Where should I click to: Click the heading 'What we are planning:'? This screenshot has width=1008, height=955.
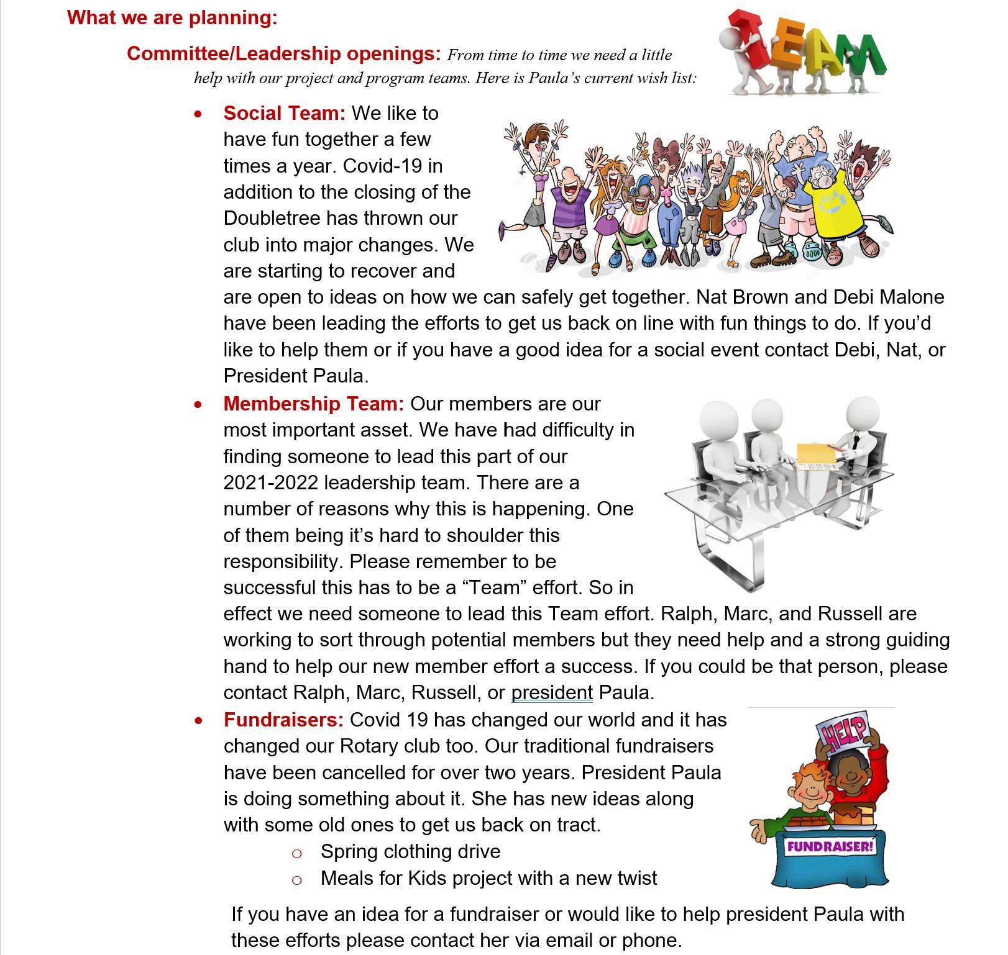pyautogui.click(x=172, y=17)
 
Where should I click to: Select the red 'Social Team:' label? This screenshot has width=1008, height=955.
pyautogui.click(x=284, y=113)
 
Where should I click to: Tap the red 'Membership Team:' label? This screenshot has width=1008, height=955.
pyautogui.click(x=314, y=404)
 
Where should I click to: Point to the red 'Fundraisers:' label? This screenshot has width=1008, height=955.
pyautogui.click(x=283, y=720)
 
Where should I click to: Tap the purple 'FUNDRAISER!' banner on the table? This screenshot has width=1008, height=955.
pyautogui.click(x=830, y=846)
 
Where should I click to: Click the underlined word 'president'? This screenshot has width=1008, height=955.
pyautogui.click(x=552, y=692)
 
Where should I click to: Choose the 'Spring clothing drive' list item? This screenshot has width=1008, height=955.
pyautogui.click(x=410, y=851)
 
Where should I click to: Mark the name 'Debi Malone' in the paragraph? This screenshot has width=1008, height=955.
pyautogui.click(x=889, y=297)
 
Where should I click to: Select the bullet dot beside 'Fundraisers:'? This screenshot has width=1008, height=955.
pyautogui.click(x=198, y=720)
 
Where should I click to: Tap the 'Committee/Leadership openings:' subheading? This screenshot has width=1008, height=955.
pyautogui.click(x=283, y=54)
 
